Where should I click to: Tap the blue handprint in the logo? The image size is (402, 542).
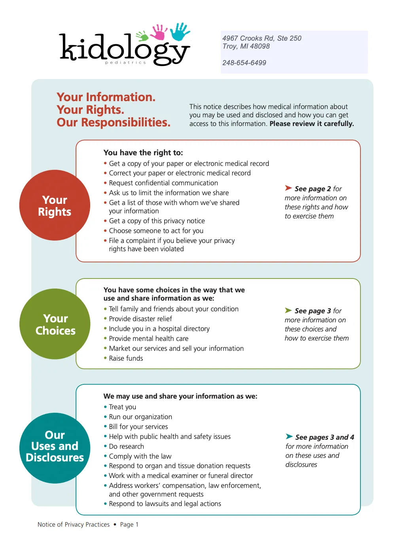coord(180,32)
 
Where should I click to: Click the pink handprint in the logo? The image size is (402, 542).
coord(159,32)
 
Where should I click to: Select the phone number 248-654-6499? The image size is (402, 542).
coord(244,63)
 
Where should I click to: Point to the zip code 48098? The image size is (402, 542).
coord(260,46)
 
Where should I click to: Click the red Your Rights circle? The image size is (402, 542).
coord(55,205)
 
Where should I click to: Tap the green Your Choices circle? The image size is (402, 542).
coord(55,324)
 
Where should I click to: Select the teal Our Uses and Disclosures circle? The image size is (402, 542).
coord(55,448)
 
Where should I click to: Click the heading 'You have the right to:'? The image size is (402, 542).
coord(143,152)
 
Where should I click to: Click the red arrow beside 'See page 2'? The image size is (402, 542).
coord(288,188)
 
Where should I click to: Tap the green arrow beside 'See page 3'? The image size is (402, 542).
coord(288,311)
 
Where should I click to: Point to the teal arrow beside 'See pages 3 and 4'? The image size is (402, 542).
coord(289,437)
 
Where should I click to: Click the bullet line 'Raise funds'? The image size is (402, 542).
coord(126,358)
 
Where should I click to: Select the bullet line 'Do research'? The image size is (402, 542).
coord(126,446)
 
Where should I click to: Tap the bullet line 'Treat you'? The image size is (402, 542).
coord(122,407)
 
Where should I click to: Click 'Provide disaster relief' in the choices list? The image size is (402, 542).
coord(140,319)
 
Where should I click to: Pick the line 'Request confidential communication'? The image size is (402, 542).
coord(163,183)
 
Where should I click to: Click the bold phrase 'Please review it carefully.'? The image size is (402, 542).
coord(312,124)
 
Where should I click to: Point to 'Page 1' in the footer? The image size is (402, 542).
coord(129,525)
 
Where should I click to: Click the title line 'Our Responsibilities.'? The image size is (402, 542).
coord(114,122)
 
